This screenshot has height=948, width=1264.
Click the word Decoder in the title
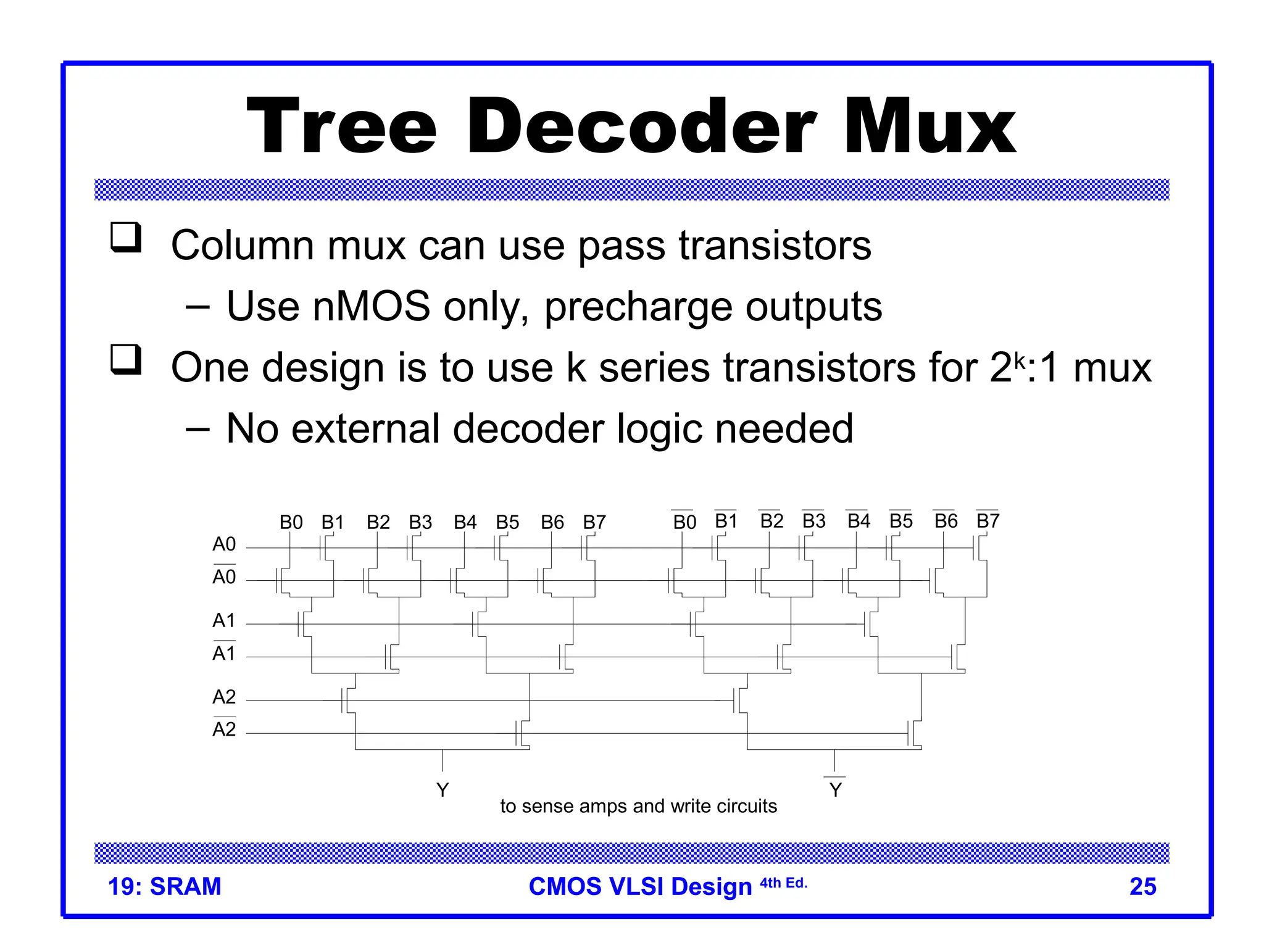click(x=642, y=127)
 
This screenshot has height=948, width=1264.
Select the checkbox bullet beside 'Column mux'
click(x=126, y=238)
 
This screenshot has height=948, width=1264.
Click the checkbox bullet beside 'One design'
click(x=126, y=360)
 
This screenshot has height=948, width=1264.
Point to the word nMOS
click(x=371, y=306)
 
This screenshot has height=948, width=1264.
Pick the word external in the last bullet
click(x=365, y=428)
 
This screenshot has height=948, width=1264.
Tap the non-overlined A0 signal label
click(x=224, y=544)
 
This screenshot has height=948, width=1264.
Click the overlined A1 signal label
click(x=224, y=652)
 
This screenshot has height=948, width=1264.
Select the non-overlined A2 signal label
click(x=224, y=697)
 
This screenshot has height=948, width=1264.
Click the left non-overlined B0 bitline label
click(x=291, y=523)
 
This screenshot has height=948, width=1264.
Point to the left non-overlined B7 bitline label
click(x=594, y=523)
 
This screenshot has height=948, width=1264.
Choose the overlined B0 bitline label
click(x=684, y=522)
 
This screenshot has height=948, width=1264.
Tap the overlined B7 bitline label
click(x=987, y=521)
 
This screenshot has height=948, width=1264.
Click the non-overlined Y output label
click(x=443, y=790)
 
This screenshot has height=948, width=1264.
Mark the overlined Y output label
click(x=835, y=789)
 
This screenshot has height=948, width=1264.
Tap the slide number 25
click(x=1142, y=887)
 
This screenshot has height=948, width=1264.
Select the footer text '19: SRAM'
click(x=164, y=887)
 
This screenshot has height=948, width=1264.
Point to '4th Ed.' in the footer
click(x=783, y=883)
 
